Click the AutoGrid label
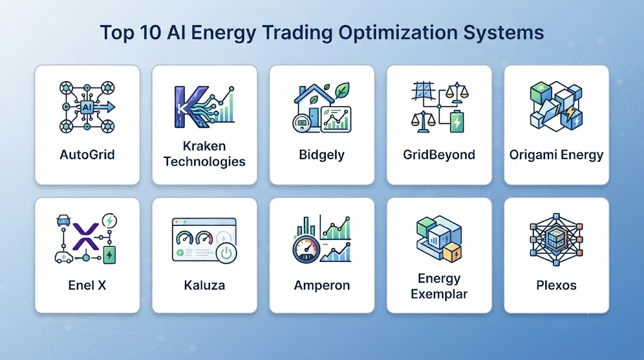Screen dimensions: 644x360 pos(87,155)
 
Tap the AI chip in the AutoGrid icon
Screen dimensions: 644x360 pos(87,107)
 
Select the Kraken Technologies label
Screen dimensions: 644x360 pos(204,154)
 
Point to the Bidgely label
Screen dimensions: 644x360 pos(321,155)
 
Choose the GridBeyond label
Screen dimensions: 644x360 pos(439,155)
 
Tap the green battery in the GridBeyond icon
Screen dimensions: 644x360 pos(457,121)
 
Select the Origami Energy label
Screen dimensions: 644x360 pos(557,155)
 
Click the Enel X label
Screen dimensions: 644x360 pos(87,285)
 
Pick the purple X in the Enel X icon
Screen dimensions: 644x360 pos(86,237)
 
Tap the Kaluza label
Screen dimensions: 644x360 pos(204,285)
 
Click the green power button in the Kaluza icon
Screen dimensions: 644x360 pos(226,252)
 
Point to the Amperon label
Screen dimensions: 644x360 pos(322,286)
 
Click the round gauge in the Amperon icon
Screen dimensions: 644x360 pos(306,249)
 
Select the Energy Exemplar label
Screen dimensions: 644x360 pos(439,286)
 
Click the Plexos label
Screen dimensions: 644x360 pos(557,285)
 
